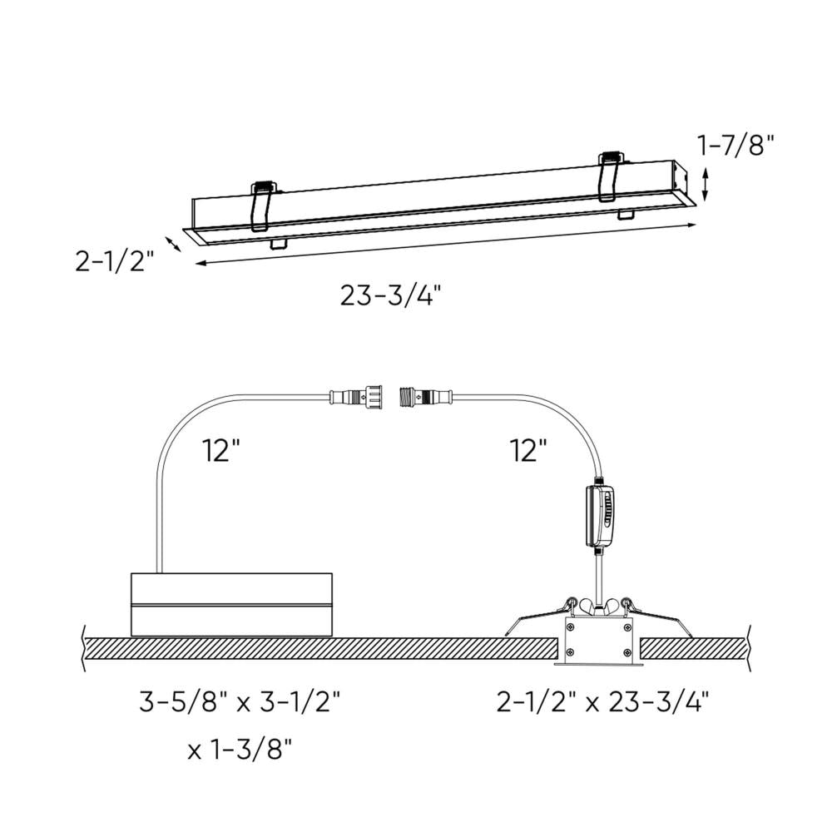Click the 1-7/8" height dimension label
(735, 146)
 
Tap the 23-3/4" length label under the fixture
(390, 295)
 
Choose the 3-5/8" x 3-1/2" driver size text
(240, 703)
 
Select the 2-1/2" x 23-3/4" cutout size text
(602, 703)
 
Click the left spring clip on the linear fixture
(264, 204)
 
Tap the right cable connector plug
(426, 395)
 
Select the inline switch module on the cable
(602, 516)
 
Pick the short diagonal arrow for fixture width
(173, 244)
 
